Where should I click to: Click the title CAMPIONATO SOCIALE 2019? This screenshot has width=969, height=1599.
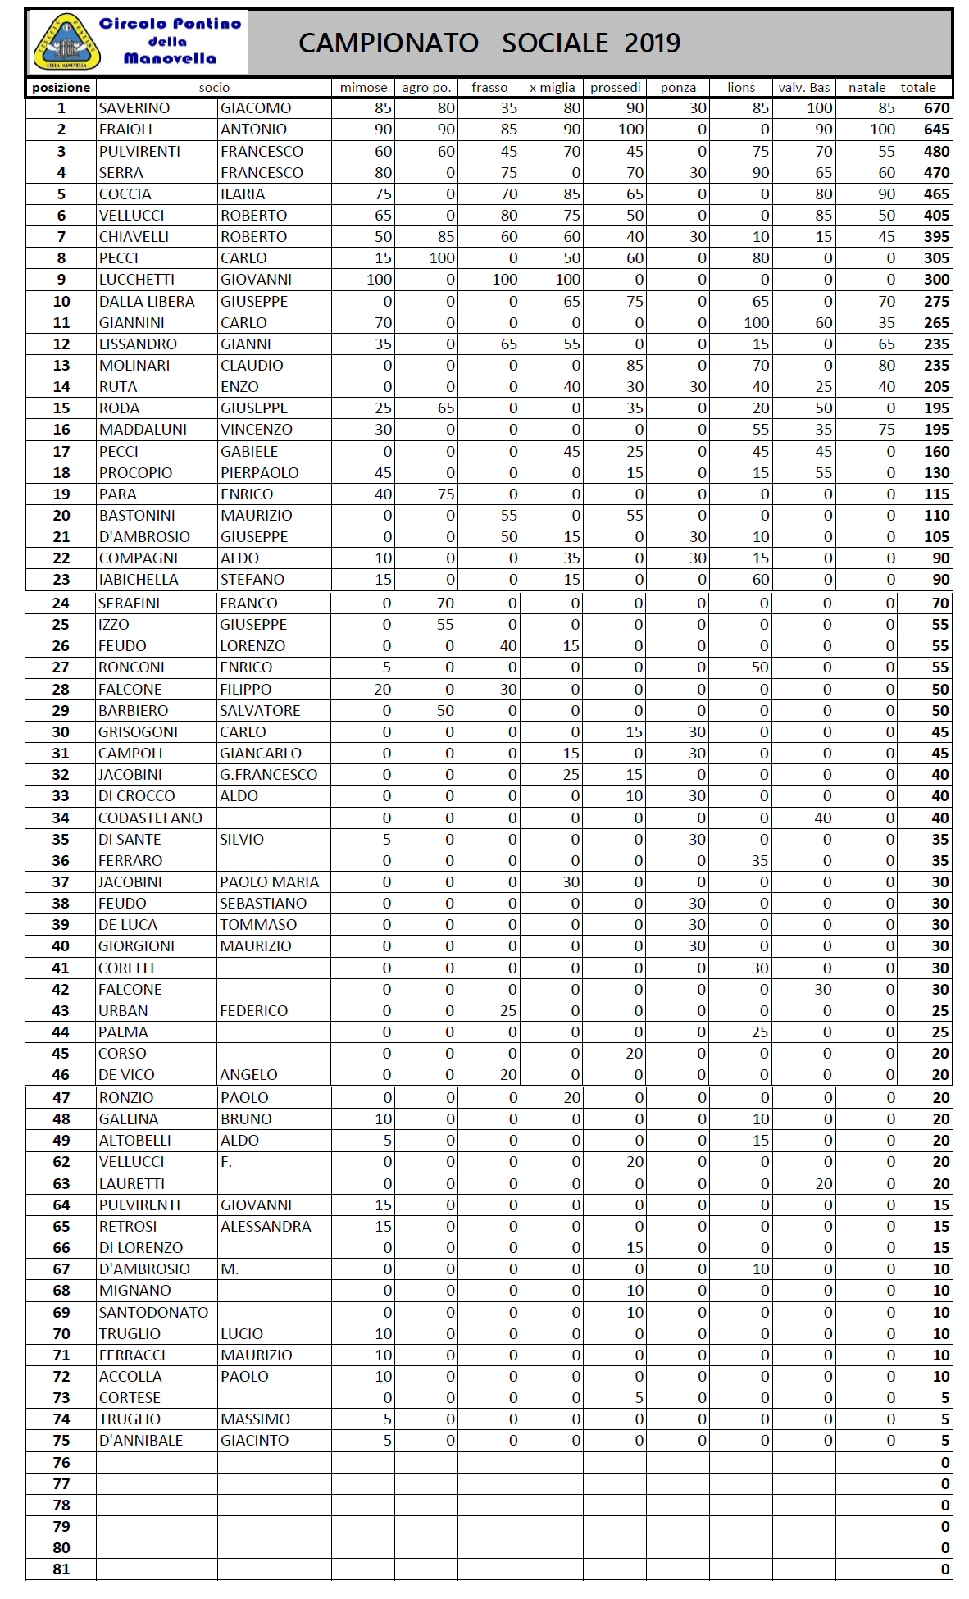click(489, 43)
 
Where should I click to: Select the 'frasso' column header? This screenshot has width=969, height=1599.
click(489, 88)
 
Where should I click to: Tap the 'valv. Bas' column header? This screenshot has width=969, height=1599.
click(803, 88)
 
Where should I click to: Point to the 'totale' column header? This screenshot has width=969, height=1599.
click(918, 88)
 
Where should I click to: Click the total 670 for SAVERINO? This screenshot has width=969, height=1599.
click(936, 108)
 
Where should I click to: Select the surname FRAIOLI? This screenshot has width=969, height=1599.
click(127, 130)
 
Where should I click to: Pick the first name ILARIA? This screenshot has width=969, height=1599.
click(243, 194)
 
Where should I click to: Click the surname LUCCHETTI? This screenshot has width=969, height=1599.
click(136, 280)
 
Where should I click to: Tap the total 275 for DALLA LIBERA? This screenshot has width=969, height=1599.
click(936, 302)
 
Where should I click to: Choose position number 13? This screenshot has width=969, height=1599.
click(61, 366)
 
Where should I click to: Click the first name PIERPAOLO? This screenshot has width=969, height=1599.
click(259, 473)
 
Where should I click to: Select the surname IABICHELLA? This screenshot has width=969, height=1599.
click(138, 580)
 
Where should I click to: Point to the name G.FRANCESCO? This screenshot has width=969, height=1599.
click(268, 775)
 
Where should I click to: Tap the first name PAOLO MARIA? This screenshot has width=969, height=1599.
click(269, 882)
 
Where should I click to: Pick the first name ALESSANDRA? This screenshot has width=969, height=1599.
click(266, 1227)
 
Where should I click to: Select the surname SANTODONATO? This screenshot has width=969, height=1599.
click(153, 1313)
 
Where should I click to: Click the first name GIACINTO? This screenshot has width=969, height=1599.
click(254, 1441)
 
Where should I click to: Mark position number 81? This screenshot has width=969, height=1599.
click(61, 1569)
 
